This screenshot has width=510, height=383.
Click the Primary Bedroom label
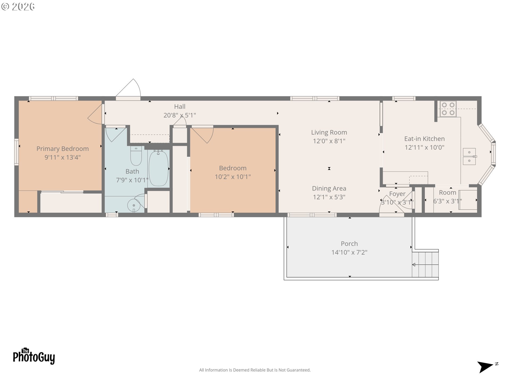pos(62,149)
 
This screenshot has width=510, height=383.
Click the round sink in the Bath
pos(134,205)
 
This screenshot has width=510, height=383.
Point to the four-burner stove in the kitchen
pos(448,109)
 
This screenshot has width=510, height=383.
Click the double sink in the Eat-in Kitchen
pos(470,156)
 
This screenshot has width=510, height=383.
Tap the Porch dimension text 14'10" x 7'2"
pos(349,252)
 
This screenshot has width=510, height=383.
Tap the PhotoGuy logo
pos(34,356)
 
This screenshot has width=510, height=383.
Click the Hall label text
pos(180,107)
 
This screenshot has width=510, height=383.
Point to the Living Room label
pos(329,132)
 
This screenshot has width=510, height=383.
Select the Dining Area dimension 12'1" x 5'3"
pos(329,197)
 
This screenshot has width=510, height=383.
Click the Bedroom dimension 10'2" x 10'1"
pos(233,177)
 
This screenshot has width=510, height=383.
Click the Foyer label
pos(397,194)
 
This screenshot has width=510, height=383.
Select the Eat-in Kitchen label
pos(424,139)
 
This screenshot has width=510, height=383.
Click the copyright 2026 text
pos(18,7)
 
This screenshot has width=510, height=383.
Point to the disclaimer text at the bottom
pos(255,370)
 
